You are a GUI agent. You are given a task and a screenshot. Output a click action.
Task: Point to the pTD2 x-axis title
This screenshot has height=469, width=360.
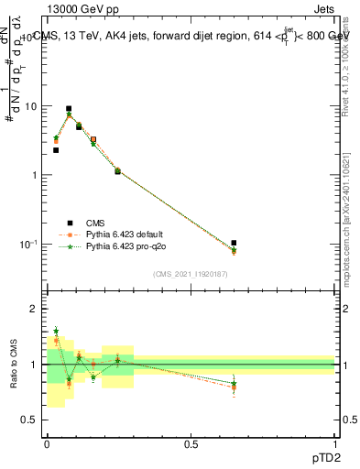point(322,457)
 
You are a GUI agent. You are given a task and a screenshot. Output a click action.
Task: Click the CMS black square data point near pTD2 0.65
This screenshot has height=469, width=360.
point(234,243)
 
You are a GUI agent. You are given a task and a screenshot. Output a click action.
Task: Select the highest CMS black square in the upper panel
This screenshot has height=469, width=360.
point(69,108)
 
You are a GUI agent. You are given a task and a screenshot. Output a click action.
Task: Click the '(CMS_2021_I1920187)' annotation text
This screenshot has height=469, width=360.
point(191,273)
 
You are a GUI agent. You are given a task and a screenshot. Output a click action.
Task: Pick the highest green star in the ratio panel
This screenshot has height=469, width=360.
point(56,331)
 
